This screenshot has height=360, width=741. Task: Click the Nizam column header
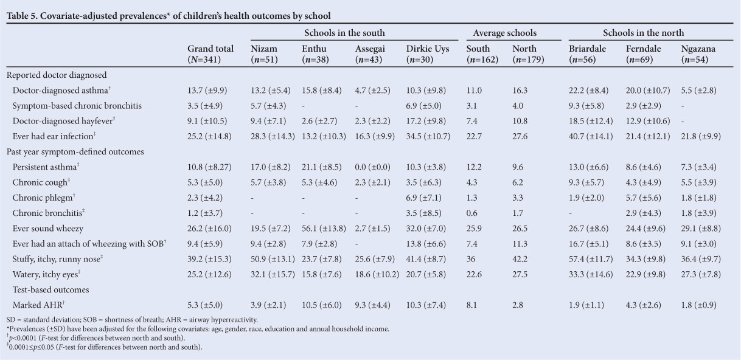pyautogui.click(x=263, y=49)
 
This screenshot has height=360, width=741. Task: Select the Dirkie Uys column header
pyautogui.click(x=427, y=49)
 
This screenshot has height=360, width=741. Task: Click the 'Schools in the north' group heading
pyautogui.click(x=643, y=33)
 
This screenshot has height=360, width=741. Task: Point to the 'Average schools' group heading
pyautogui.click(x=501, y=33)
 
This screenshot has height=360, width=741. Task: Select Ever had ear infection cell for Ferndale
pyautogui.click(x=651, y=136)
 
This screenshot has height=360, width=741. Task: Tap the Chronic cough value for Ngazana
pyautogui.click(x=699, y=182)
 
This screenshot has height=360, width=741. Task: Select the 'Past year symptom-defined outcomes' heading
pyautogui.click(x=75, y=151)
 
